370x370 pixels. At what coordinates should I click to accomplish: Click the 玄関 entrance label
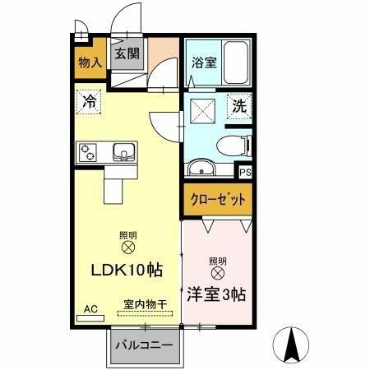pyautogui.click(x=127, y=53)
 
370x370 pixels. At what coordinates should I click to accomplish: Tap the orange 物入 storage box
pyautogui.click(x=90, y=61)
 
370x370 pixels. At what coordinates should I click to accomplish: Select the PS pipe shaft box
pyautogui.click(x=244, y=172)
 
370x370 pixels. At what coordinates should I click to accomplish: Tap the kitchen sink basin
pyautogui.click(x=123, y=152)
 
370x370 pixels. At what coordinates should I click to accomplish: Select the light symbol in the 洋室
pyautogui.click(x=217, y=272)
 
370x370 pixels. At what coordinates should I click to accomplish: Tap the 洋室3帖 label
pyautogui.click(x=217, y=294)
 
